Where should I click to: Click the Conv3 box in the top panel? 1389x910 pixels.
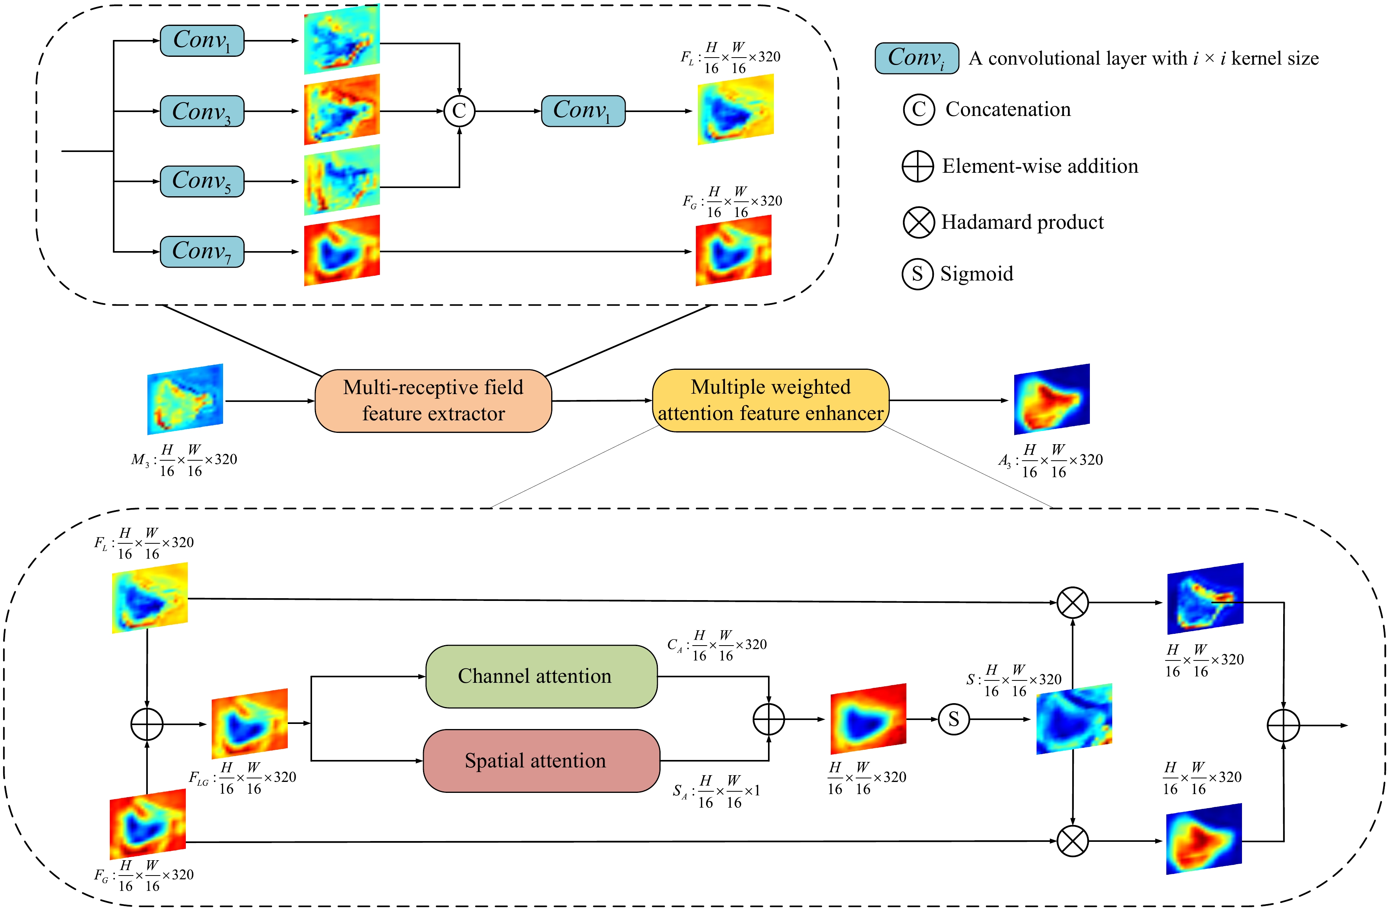(x=202, y=111)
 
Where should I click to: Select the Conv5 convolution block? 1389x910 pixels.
(x=202, y=181)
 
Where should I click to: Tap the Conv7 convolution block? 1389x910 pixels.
(x=202, y=252)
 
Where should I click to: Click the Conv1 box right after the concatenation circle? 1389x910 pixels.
(x=583, y=111)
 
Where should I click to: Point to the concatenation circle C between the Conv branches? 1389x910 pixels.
(x=459, y=111)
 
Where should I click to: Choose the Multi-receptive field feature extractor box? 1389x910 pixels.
(x=433, y=401)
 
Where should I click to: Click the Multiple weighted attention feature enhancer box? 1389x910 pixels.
(x=770, y=400)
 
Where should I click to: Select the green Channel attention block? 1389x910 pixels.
(x=541, y=676)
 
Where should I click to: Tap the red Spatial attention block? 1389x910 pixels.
(x=541, y=761)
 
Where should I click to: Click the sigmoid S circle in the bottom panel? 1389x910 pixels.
(x=953, y=719)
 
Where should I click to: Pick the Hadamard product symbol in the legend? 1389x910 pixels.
(x=919, y=222)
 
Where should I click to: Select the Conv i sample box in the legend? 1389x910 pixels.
(x=916, y=58)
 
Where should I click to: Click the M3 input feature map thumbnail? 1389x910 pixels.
(x=185, y=399)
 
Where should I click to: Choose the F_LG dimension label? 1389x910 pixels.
(x=242, y=778)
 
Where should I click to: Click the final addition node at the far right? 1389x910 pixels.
(x=1284, y=725)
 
